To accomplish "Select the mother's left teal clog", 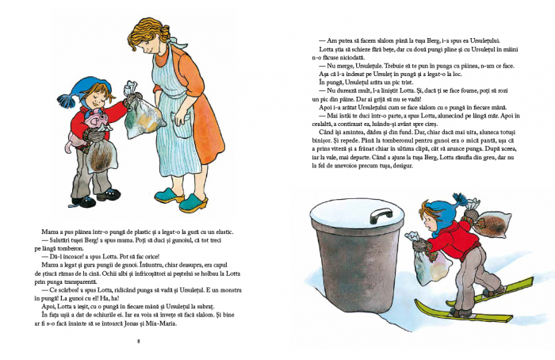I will (169, 193).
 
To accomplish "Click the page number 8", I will (138, 342).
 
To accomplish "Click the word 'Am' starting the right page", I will (323, 40).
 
